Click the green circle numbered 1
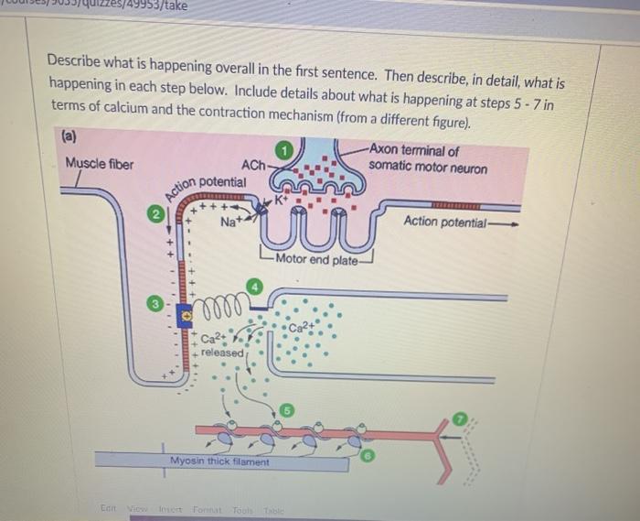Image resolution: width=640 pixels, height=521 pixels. pyautogui.click(x=285, y=150)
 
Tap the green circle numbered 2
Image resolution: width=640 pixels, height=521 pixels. pyautogui.click(x=156, y=214)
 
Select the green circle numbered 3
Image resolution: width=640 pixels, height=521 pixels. pyautogui.click(x=156, y=301)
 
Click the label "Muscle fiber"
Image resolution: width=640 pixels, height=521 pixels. pyautogui.click(x=98, y=166)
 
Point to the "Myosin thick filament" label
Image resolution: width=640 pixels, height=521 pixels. pyautogui.click(x=219, y=461)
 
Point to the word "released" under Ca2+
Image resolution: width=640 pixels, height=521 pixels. pyautogui.click(x=222, y=353)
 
